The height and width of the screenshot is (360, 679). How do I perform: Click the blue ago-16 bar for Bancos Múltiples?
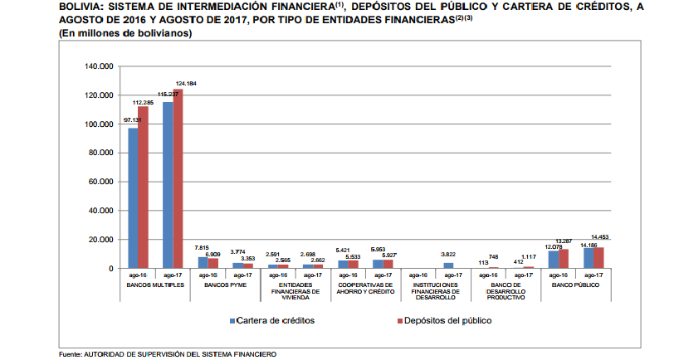point(132,198)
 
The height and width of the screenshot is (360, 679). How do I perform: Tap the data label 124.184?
point(185,84)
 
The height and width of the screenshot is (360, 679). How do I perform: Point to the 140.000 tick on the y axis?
point(99,66)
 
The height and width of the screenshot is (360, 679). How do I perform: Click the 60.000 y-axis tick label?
point(100,182)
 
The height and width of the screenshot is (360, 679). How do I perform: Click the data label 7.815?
point(201,248)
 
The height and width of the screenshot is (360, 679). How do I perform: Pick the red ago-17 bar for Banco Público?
point(598,258)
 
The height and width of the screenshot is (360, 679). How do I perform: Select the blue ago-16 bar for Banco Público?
point(553,260)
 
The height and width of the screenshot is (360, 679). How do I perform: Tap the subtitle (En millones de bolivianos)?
point(125,33)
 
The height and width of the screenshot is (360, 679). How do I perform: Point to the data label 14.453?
point(601,238)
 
